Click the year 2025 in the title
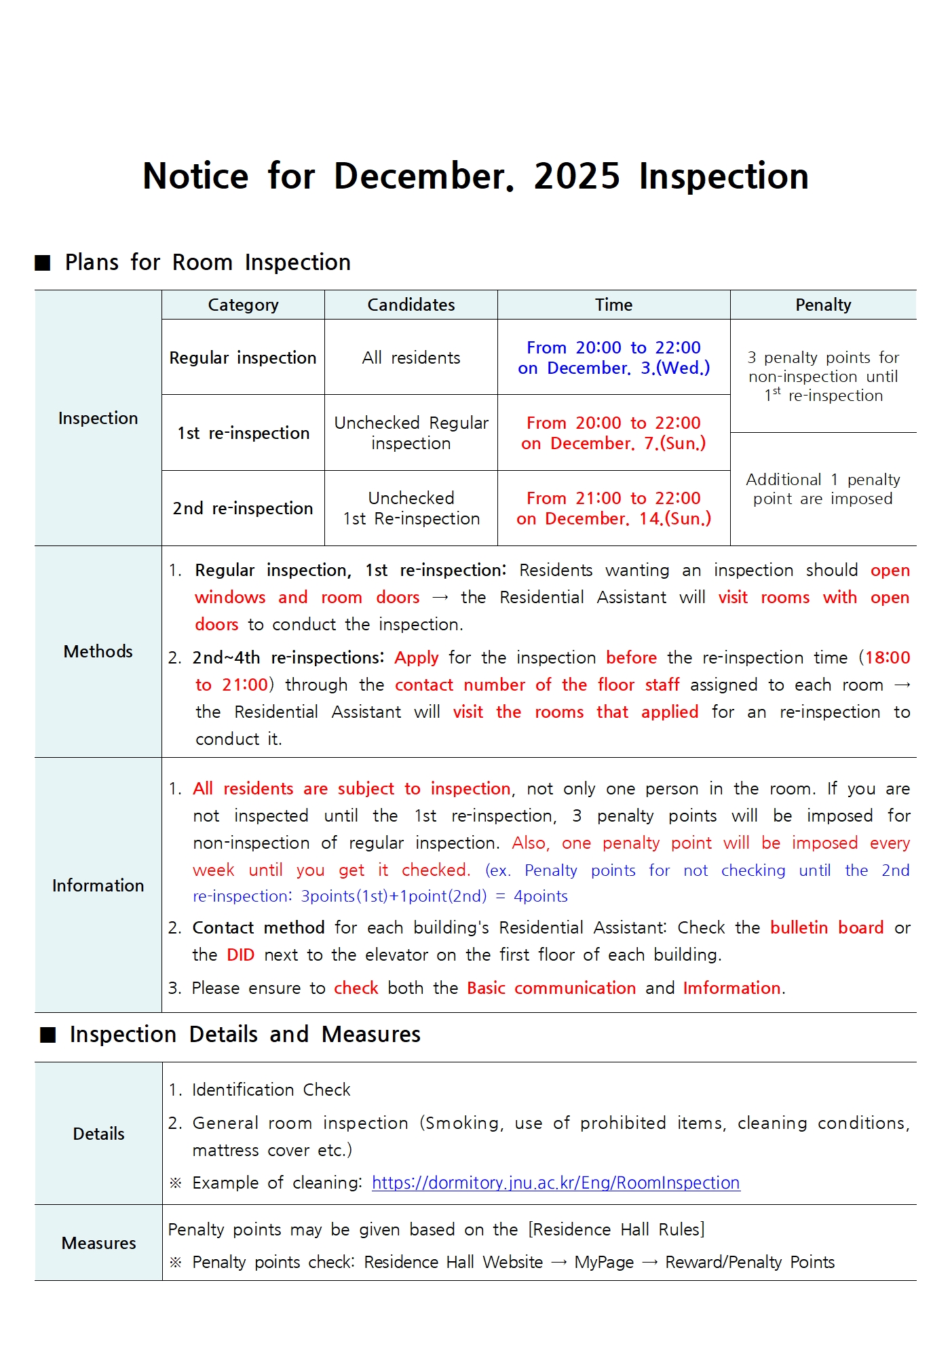(577, 176)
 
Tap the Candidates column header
(411, 305)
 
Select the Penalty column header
(822, 305)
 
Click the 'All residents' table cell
(411, 358)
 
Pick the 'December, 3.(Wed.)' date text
(628, 368)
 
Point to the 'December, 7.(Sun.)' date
(628, 444)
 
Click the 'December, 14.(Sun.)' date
(628, 519)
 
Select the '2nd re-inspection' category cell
(243, 508)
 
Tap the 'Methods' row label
(98, 652)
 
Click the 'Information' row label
(98, 885)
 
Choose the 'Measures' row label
(98, 1243)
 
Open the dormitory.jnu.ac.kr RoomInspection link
(555, 1183)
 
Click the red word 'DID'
(240, 955)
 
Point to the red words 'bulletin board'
(826, 928)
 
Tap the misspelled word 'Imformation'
(731, 988)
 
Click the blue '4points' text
(540, 897)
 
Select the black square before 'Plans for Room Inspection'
(43, 263)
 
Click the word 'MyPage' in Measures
(603, 1263)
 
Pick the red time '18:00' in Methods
(888, 658)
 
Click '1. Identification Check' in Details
(259, 1090)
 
